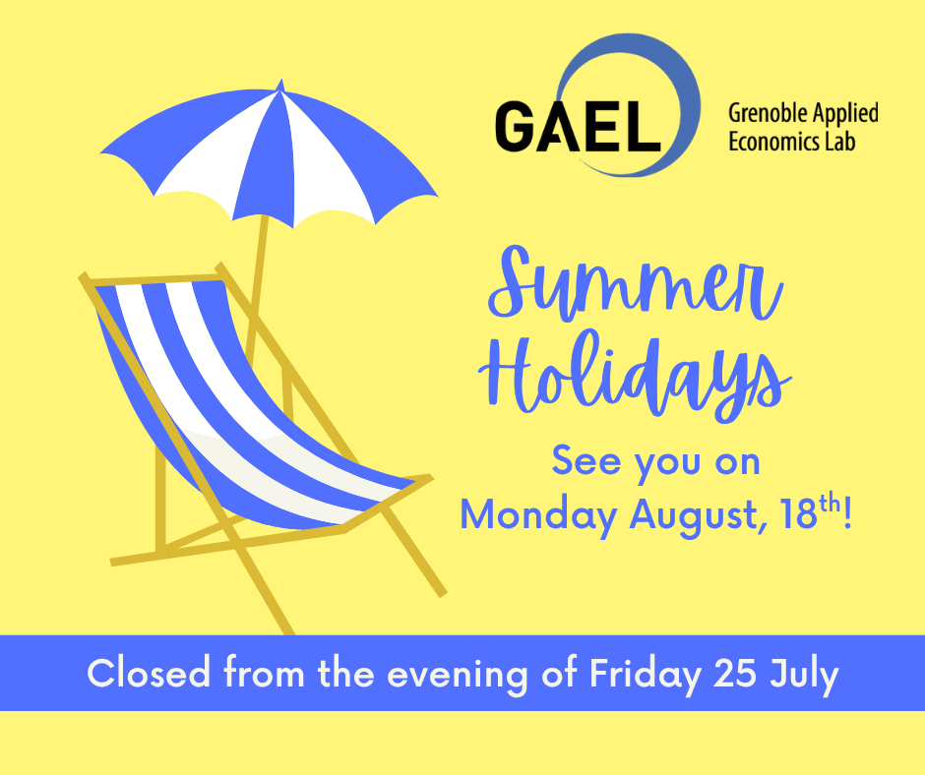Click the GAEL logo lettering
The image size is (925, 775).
coord(578,126)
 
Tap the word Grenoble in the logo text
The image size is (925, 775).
coord(764,113)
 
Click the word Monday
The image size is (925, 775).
coord(538,515)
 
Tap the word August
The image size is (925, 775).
coord(699,515)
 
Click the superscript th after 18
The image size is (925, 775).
coord(830,504)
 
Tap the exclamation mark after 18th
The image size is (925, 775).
coord(847,512)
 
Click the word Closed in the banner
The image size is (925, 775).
coord(149,673)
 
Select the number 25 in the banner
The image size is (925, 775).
coord(734,674)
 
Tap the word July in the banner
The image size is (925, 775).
coord(804,675)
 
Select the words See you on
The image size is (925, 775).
coord(656,461)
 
